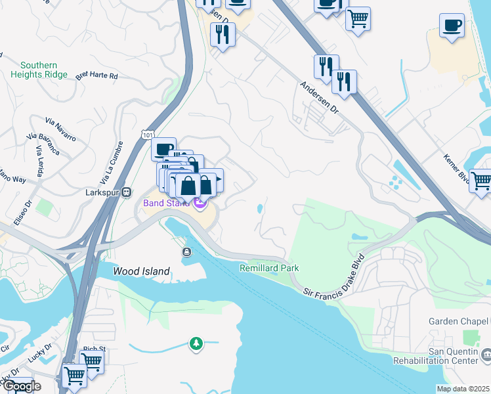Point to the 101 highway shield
[148, 133]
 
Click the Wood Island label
[141, 271]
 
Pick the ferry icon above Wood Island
[187, 252]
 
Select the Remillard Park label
[269, 268]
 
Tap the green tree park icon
[196, 343]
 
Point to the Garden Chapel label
[459, 321]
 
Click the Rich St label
[94, 349]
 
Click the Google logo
[21, 385]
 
